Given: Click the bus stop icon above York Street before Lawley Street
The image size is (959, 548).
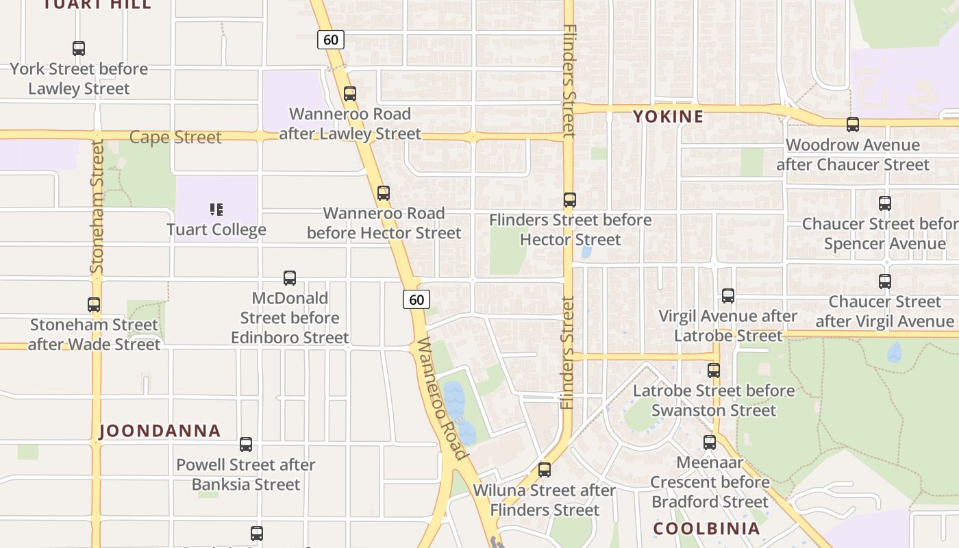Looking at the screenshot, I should point(79,49).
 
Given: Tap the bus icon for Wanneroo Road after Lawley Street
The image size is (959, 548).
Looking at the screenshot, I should point(350,94).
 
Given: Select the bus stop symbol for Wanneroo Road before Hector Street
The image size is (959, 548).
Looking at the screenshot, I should point(384,193).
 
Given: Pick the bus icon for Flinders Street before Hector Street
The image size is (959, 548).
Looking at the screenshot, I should point(570,200).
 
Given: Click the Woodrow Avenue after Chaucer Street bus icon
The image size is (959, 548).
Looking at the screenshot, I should point(853,125).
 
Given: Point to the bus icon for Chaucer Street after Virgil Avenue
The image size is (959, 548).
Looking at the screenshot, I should point(885,282).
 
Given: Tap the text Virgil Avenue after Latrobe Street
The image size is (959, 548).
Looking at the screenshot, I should point(727,326).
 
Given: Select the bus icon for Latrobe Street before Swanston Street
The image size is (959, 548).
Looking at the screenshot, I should point(714,371).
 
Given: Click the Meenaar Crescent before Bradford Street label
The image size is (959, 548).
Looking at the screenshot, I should point(710,482).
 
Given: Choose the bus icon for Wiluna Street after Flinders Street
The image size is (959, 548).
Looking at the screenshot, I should point(545,470).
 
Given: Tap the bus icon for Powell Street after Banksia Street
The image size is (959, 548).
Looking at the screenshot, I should point(246,445).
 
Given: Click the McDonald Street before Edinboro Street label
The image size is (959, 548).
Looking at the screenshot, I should point(290,318).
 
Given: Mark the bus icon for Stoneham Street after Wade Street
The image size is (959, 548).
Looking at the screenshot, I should point(94,305).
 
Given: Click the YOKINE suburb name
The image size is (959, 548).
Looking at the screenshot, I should point(669,116).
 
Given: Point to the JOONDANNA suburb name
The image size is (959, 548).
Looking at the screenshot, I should point(160,431).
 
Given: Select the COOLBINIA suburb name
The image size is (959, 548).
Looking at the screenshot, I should point(706,529).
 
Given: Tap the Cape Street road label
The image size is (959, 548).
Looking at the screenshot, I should point(175,137).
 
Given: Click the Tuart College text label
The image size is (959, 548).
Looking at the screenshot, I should point(216,229).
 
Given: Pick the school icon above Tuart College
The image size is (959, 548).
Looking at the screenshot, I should point(216,209).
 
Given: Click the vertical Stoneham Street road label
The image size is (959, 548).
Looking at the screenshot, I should point(97,207).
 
